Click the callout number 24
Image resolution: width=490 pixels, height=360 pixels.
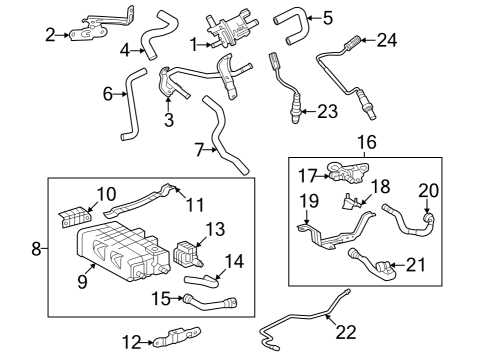coord(386,40)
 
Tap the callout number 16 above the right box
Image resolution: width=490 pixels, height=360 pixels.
coord(367,143)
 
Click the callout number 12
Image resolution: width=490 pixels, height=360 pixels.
coord(128,343)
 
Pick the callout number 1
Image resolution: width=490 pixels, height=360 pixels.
coord(194,44)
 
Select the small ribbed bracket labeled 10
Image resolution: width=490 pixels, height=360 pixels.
coord(77,214)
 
